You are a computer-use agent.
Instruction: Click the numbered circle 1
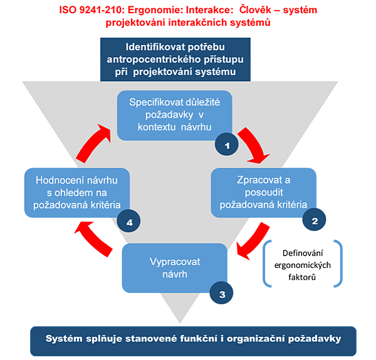tap(227, 145)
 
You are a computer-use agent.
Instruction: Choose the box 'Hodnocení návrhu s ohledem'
tap(76, 191)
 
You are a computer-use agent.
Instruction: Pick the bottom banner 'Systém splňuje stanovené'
tap(192, 341)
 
